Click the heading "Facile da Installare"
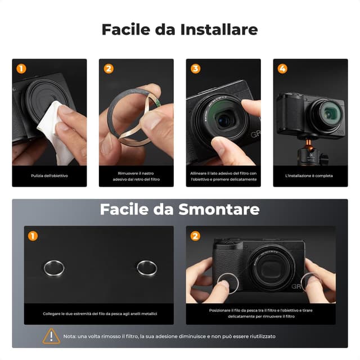pyautogui.click(x=179, y=30)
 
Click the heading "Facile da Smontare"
pyautogui.click(x=179, y=210)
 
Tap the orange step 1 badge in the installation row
pyautogui.click(x=21, y=69)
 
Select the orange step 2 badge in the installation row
pyautogui.click(x=109, y=69)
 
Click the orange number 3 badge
pyautogui.click(x=196, y=69)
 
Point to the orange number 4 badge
pyautogui.click(x=283, y=69)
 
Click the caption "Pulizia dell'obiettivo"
pyautogui.click(x=49, y=176)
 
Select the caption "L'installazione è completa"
pyautogui.click(x=310, y=176)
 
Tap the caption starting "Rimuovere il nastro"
pyautogui.click(x=136, y=177)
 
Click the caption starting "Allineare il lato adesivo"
pyautogui.click(x=223, y=177)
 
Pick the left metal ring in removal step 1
pyautogui.click(x=53, y=268)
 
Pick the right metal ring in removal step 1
pyautogui.click(x=147, y=268)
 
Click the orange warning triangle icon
pyautogui.click(x=51, y=336)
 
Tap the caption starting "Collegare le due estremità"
pyautogui.click(x=100, y=313)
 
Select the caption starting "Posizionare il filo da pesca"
pyautogui.click(x=260, y=313)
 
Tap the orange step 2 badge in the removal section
pyautogui.click(x=195, y=236)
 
